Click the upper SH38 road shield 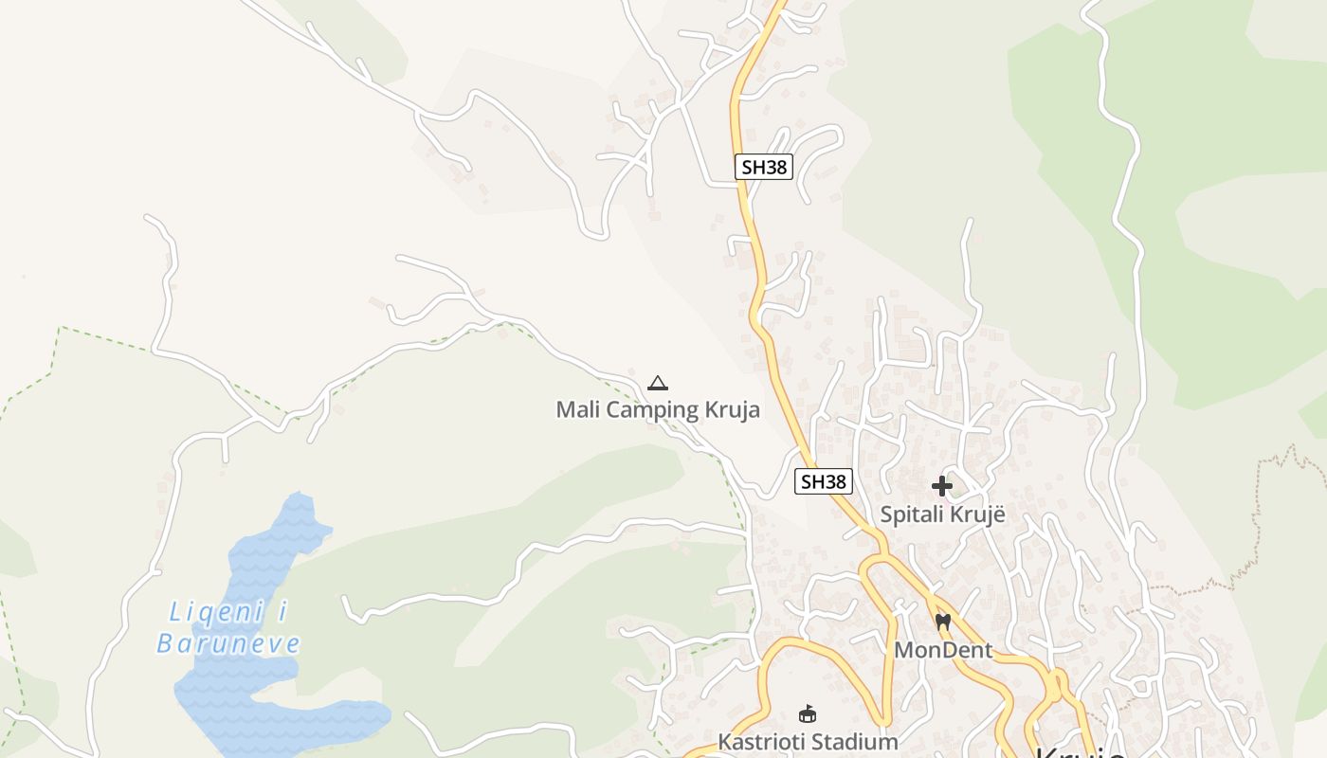[x=763, y=167]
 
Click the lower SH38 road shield [x=823, y=481]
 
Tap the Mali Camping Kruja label [x=657, y=410]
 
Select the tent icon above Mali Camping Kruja [x=658, y=384]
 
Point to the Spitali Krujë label [x=942, y=514]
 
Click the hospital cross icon [x=941, y=486]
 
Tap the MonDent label [x=943, y=650]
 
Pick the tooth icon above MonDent [x=942, y=623]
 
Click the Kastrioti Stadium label [x=807, y=741]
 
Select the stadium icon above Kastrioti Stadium [x=808, y=713]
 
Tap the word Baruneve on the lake [x=228, y=644]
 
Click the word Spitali [x=911, y=514]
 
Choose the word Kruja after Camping [x=733, y=410]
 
